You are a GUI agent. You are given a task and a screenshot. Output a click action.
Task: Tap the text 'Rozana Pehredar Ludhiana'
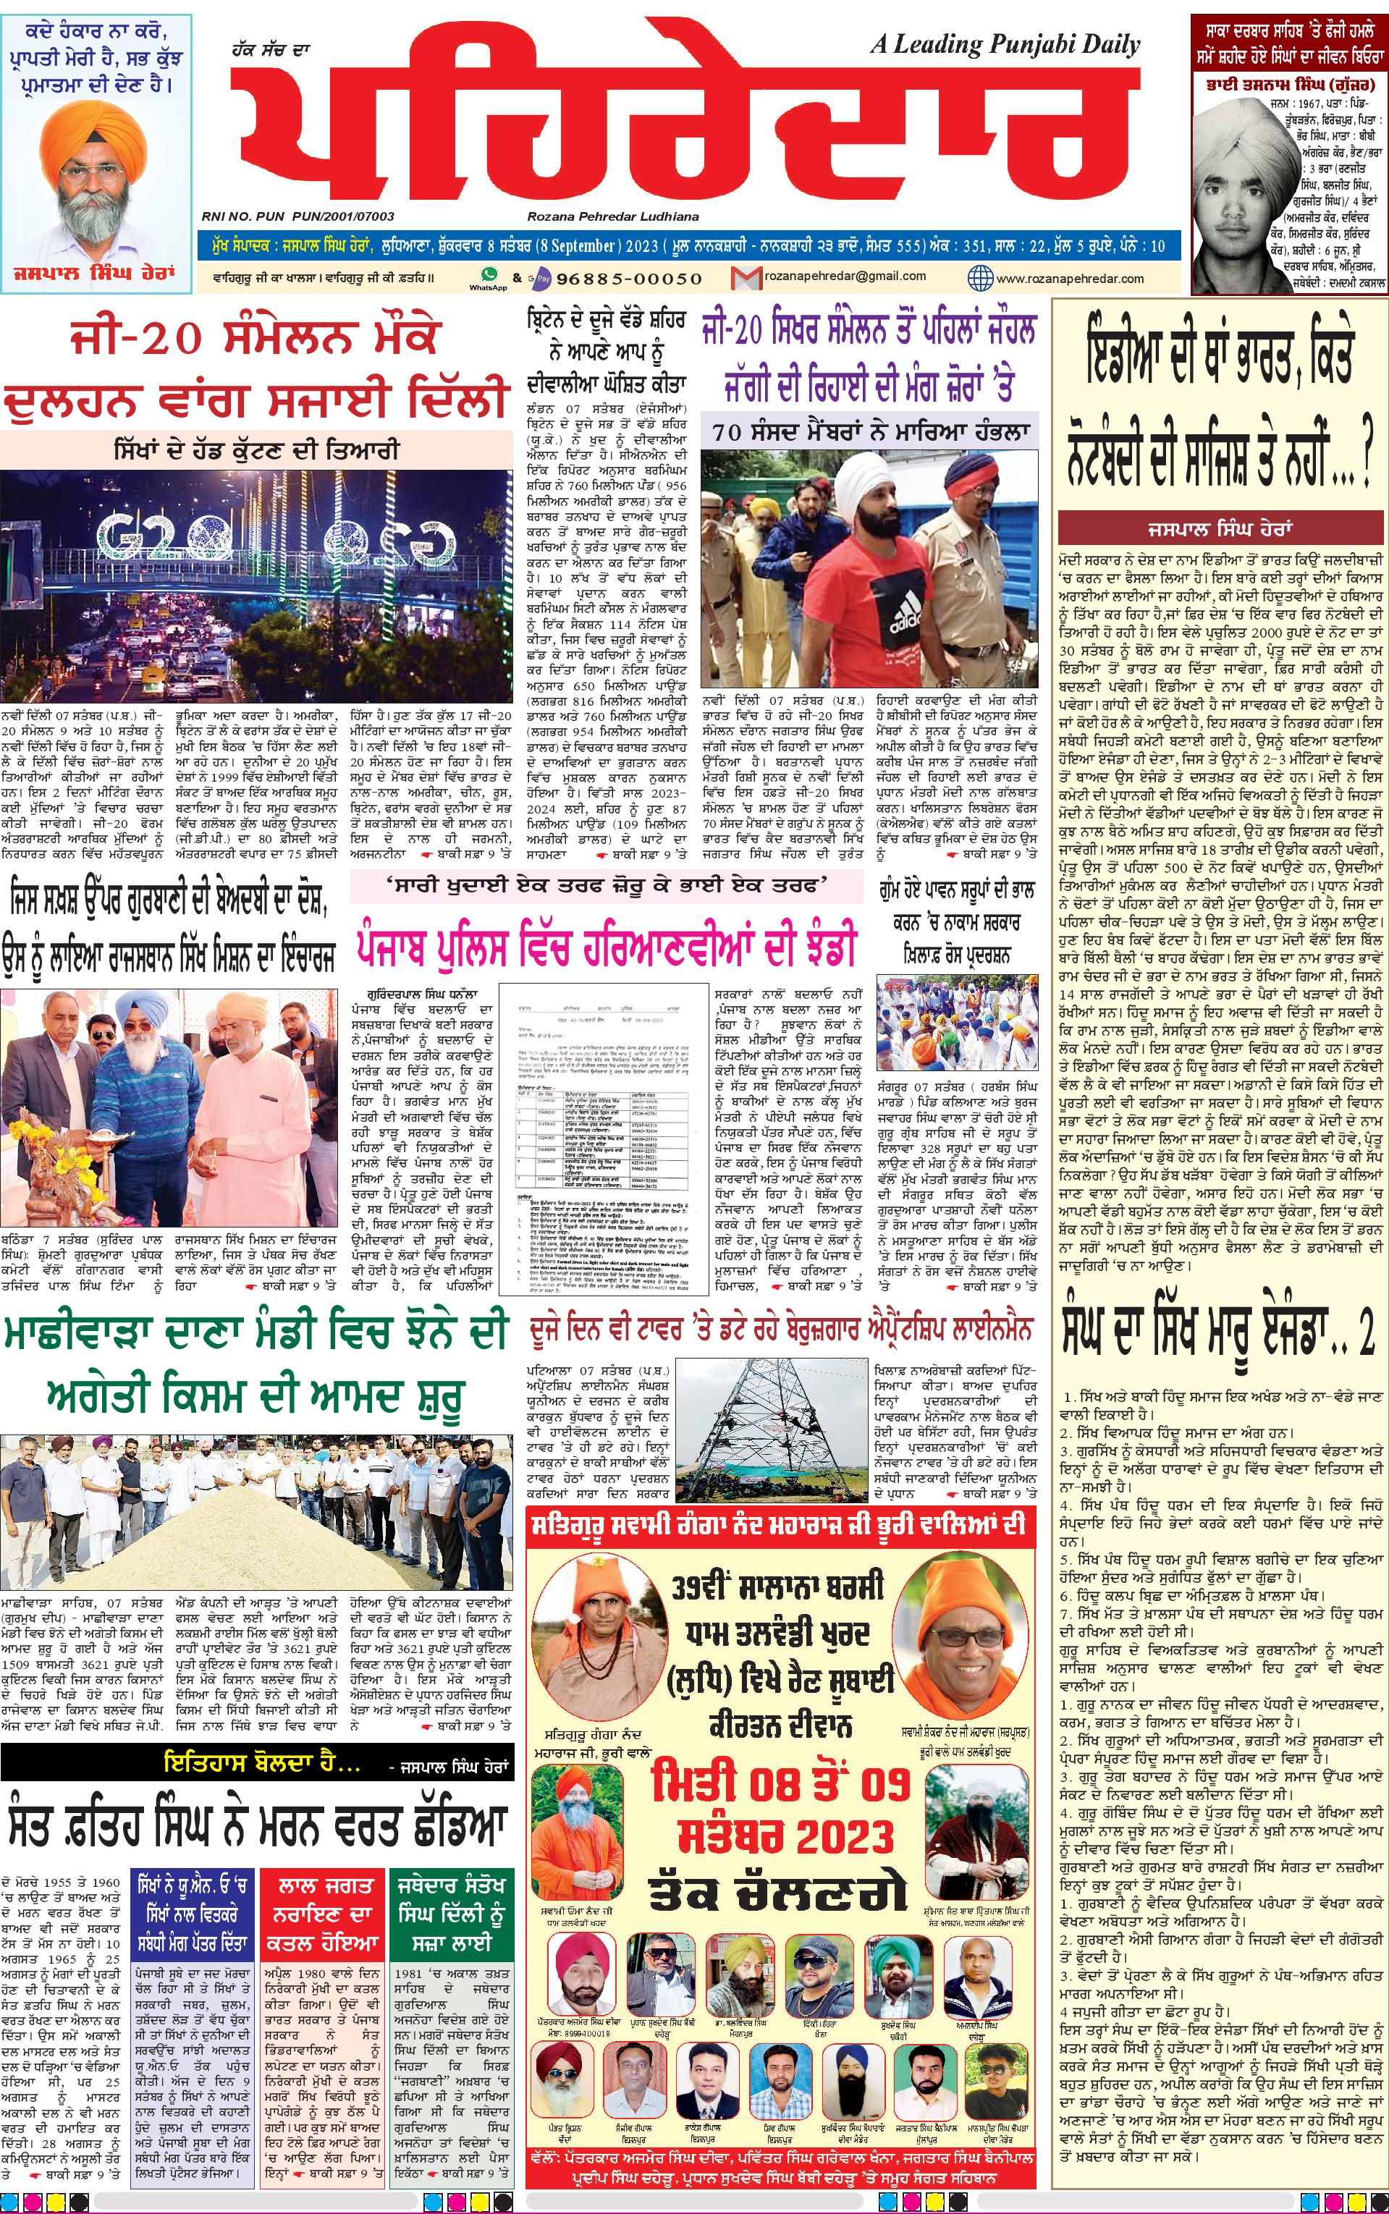coord(613,216)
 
